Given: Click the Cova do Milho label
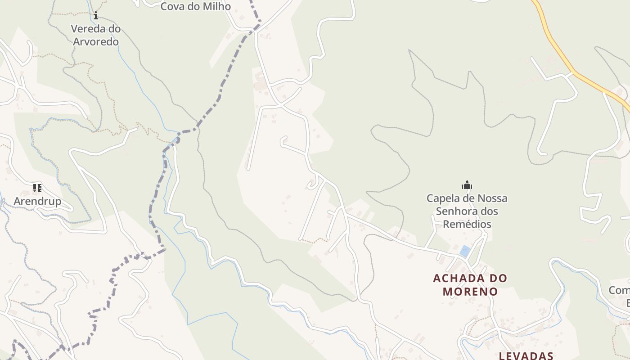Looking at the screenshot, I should pyautogui.click(x=195, y=6).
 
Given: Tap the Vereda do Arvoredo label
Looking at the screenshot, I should pyautogui.click(x=95, y=35).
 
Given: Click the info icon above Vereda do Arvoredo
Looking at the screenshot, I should pyautogui.click(x=95, y=16).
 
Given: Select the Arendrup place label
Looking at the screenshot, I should pyautogui.click(x=37, y=201).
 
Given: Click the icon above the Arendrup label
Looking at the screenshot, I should pyautogui.click(x=37, y=188).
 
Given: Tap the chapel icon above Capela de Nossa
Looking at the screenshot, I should pyautogui.click(x=467, y=185).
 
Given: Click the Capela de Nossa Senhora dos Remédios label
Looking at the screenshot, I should pyautogui.click(x=467, y=211).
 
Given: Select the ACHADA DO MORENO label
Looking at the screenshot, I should pyautogui.click(x=470, y=285).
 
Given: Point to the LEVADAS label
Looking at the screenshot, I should pyautogui.click(x=526, y=355).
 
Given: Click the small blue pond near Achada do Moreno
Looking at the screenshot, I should pyautogui.click(x=465, y=251).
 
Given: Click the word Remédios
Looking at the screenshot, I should pyautogui.click(x=467, y=224).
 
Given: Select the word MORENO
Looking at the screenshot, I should pyautogui.click(x=470, y=292).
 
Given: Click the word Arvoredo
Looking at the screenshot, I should pyautogui.click(x=95, y=42).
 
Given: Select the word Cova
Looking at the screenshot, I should pyautogui.click(x=175, y=6).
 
